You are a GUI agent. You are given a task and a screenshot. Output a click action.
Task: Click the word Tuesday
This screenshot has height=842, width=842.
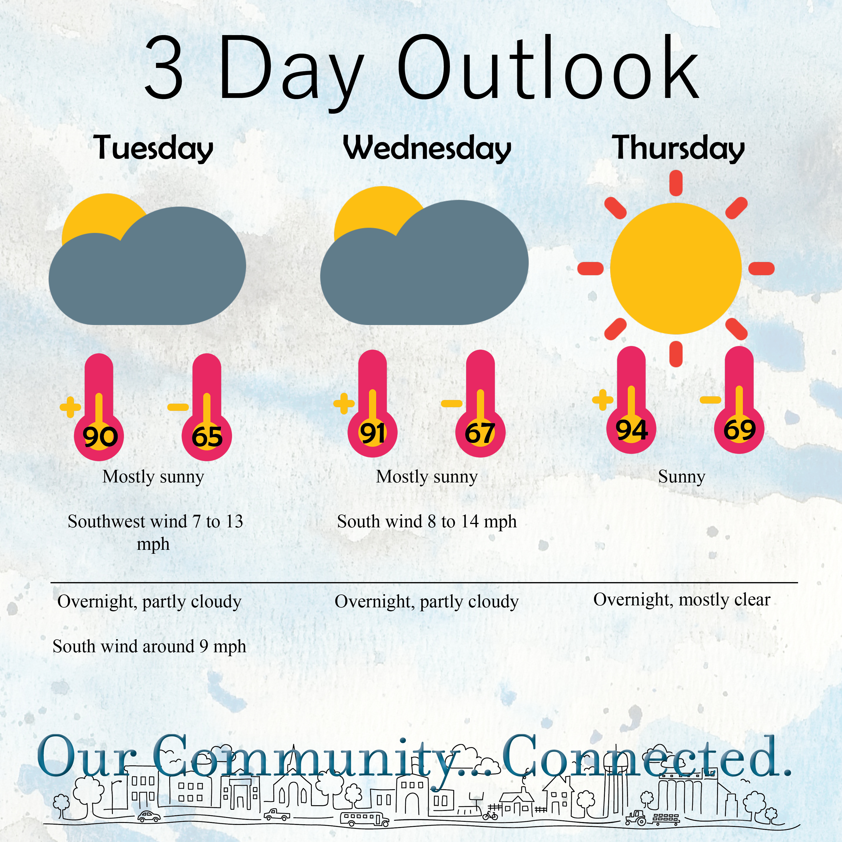point(154,148)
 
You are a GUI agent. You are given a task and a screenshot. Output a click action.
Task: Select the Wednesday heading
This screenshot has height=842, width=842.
point(427,148)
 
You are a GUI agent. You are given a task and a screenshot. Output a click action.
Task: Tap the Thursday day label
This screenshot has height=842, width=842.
point(679,148)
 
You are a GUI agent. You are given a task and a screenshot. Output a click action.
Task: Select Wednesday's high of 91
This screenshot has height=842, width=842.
point(373,433)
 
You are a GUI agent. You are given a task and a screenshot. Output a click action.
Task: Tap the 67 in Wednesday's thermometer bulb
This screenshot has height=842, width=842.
point(480,433)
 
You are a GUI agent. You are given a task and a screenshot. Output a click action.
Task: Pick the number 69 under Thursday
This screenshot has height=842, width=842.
point(739,430)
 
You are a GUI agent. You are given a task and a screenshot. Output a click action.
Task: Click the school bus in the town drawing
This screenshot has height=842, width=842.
point(364,819)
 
